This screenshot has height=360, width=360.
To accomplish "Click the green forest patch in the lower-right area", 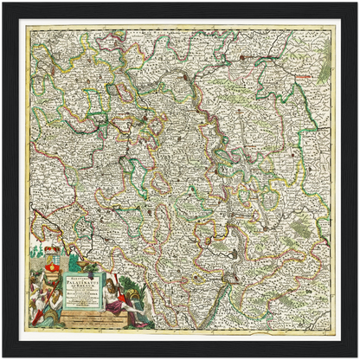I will click(x=299, y=228).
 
